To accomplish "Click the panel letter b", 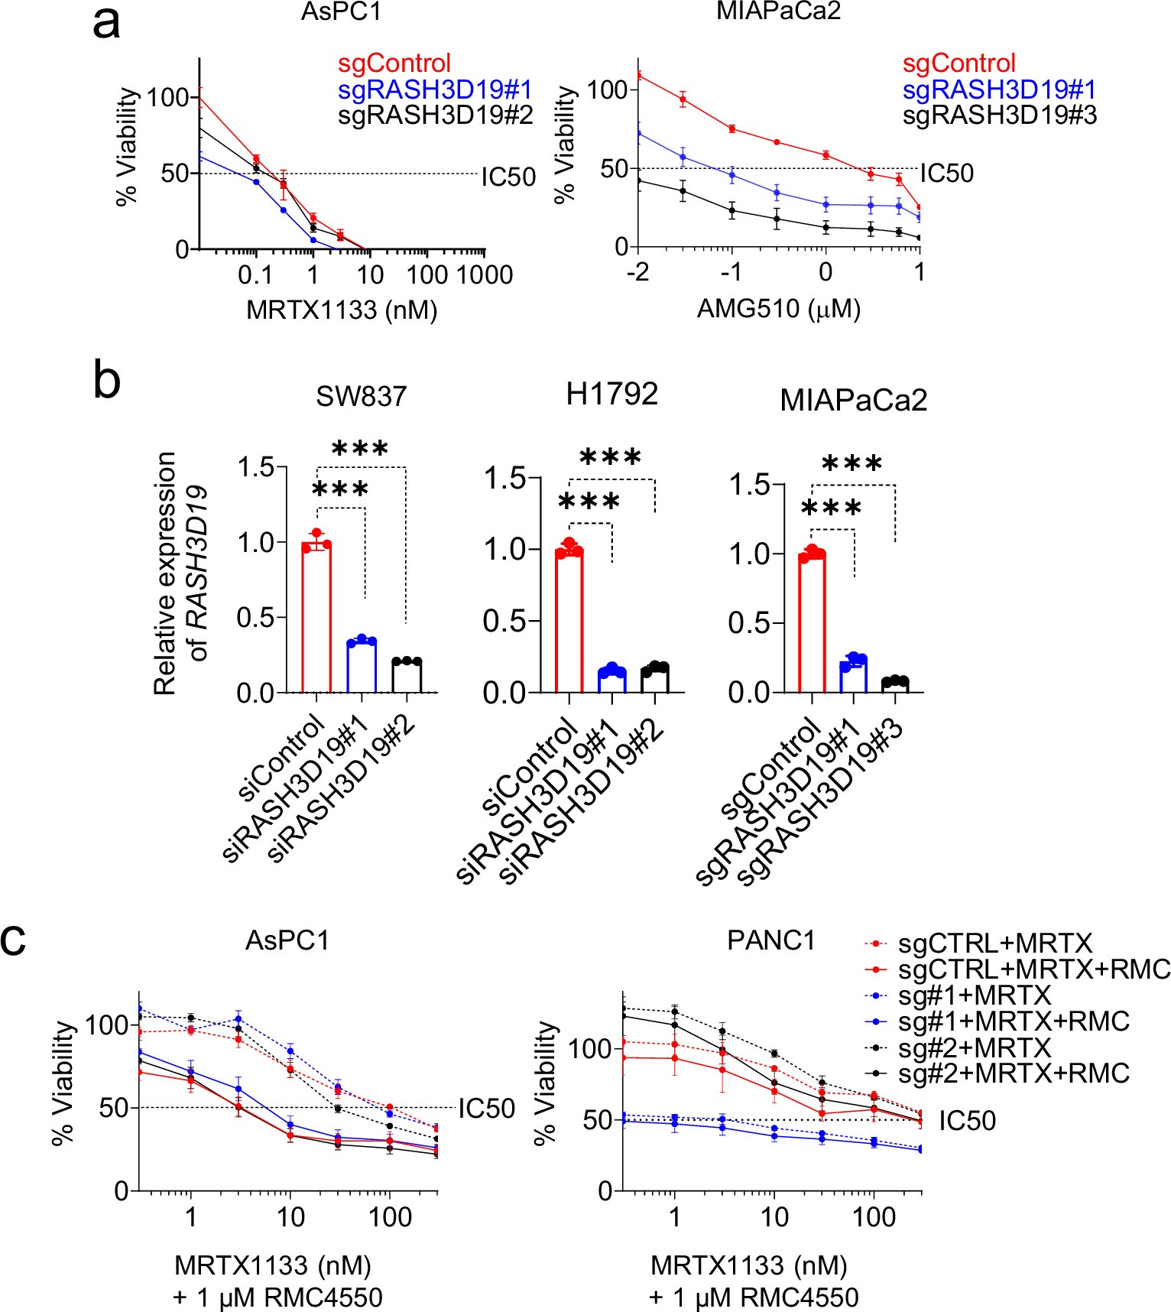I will (x=106, y=379).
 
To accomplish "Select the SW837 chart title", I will (x=361, y=397).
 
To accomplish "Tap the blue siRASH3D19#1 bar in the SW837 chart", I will (x=362, y=666).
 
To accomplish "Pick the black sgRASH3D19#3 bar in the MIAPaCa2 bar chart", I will (x=895, y=685).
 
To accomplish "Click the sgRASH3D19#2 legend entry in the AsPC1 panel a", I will (x=435, y=115).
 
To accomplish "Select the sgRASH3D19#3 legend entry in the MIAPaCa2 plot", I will (x=999, y=115).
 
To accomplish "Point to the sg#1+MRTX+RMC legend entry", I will (x=1013, y=1021).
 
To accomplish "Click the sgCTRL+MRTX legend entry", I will (x=994, y=943).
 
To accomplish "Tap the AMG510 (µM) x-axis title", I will (x=779, y=309).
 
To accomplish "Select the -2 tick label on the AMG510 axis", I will (x=638, y=272).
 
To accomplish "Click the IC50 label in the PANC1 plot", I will (x=967, y=1121).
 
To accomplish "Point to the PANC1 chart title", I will (x=771, y=940).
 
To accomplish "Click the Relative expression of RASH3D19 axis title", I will (x=180, y=573).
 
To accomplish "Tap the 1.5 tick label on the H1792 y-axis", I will (x=506, y=479).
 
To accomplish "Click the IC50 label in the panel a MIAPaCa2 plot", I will (x=946, y=174).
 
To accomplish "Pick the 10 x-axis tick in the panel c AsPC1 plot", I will (x=290, y=1216).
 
